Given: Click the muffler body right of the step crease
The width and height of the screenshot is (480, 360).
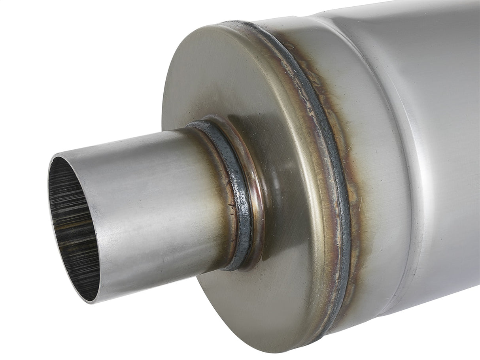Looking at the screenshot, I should (x=443, y=158).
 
